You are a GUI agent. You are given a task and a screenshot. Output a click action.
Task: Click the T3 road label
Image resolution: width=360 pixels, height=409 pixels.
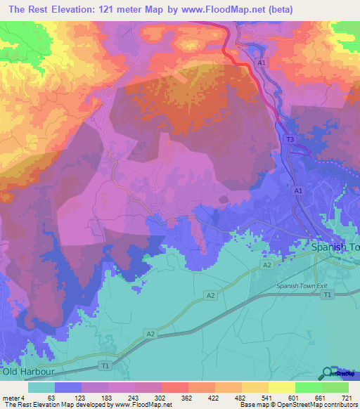290,141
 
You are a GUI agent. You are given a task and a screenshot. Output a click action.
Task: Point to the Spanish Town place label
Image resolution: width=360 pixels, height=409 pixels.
335,247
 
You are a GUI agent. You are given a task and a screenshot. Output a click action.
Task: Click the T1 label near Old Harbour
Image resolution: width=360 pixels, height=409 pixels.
105,366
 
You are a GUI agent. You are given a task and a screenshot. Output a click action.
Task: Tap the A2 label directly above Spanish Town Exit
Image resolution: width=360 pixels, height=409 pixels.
267,265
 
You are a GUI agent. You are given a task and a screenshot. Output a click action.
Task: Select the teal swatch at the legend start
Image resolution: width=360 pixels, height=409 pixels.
41,387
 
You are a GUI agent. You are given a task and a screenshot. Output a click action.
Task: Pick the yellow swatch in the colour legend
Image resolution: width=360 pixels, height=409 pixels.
282,387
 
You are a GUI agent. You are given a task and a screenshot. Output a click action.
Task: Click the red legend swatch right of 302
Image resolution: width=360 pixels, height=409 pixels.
175,387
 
